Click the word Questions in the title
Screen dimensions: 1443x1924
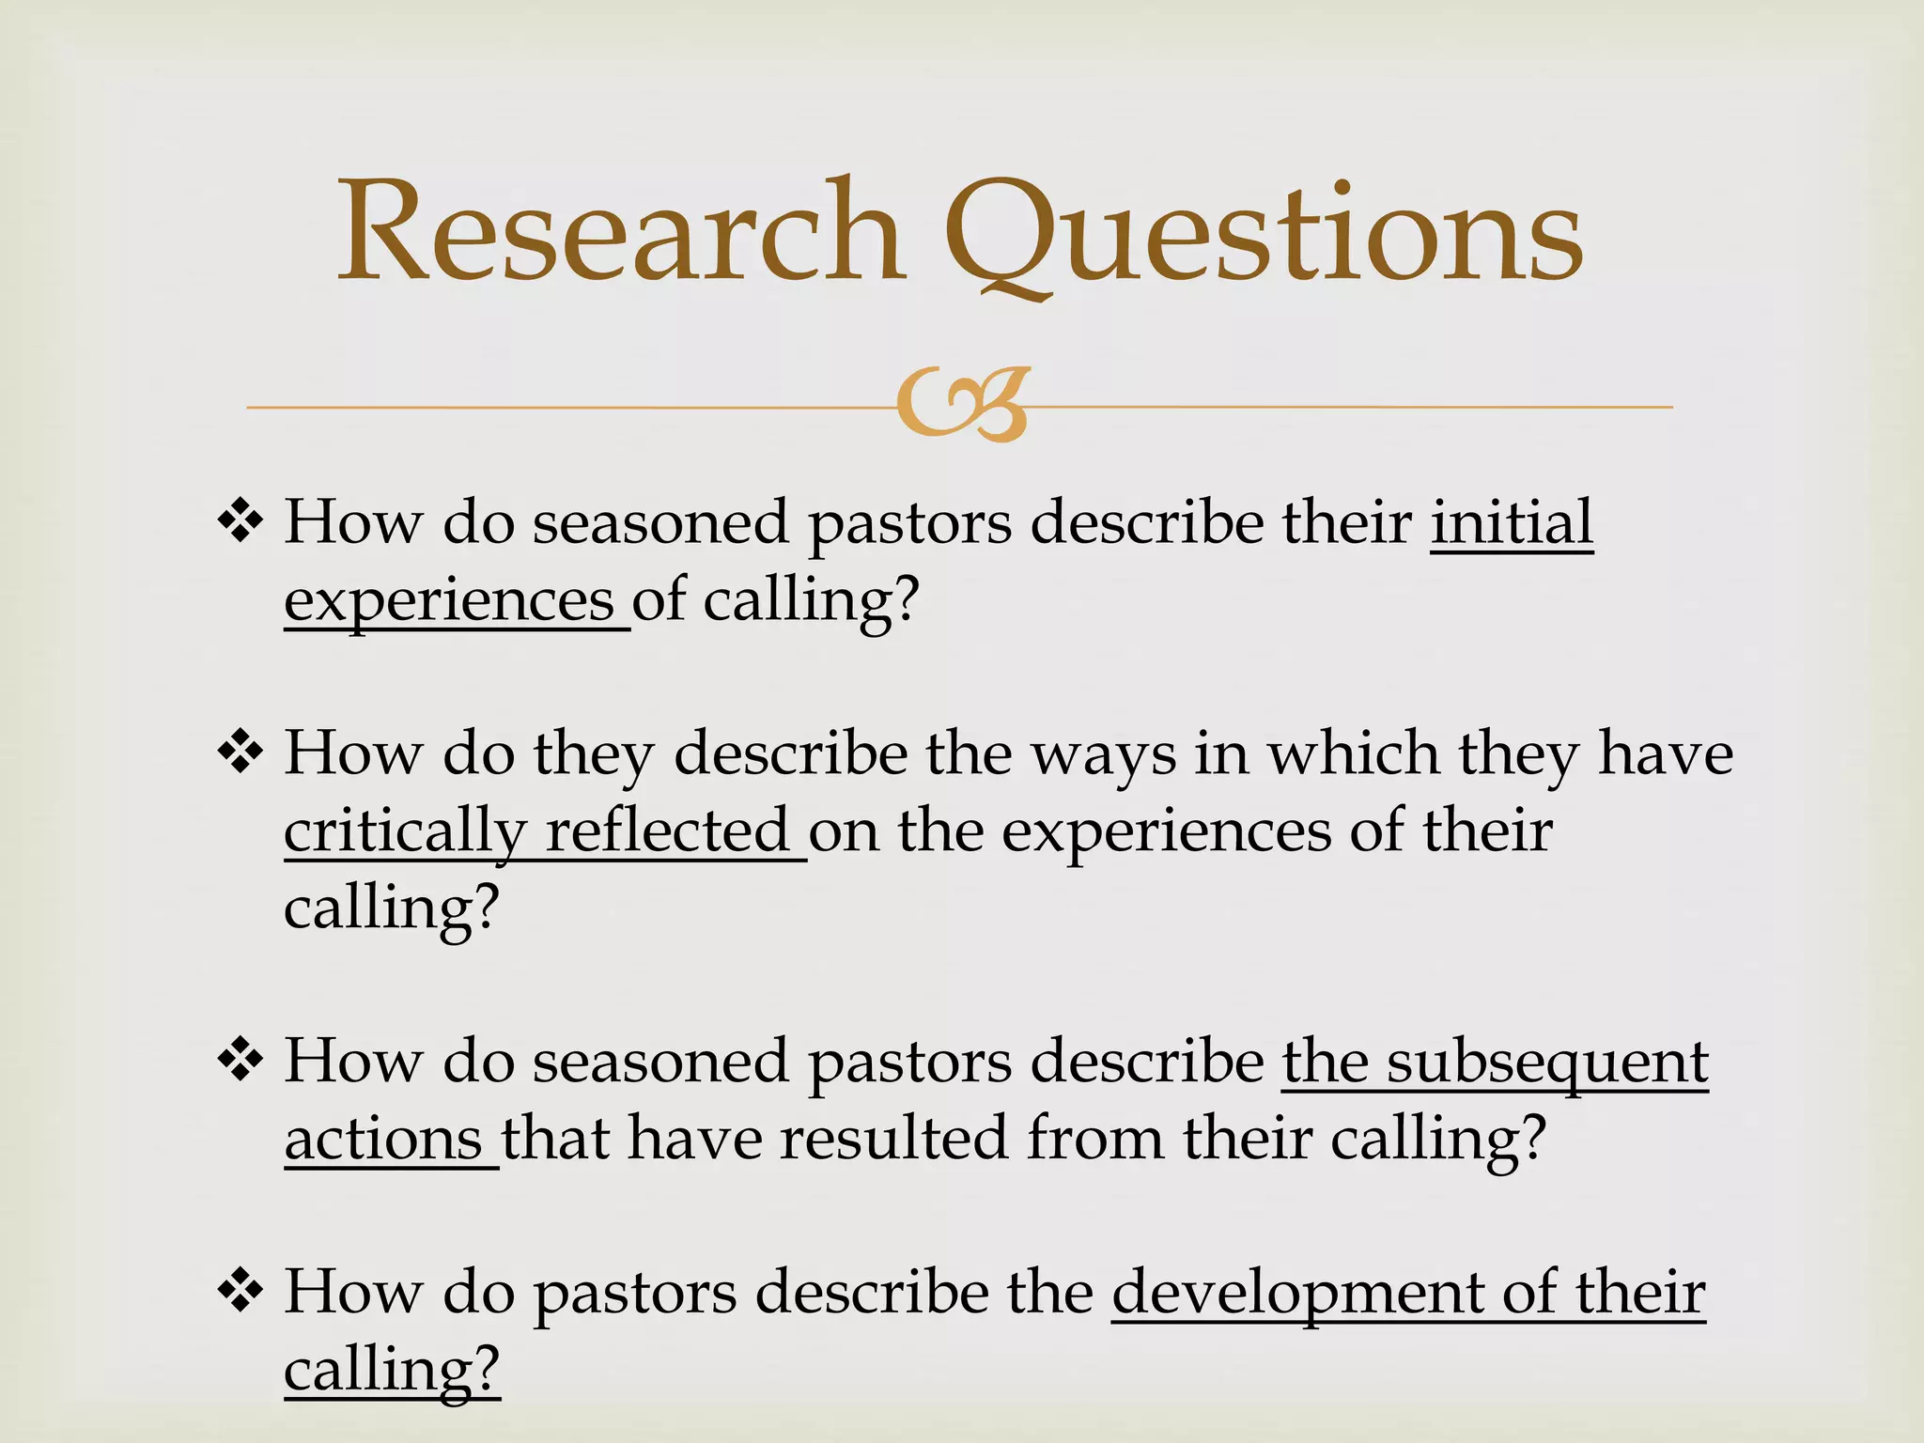pyautogui.click(x=1264, y=235)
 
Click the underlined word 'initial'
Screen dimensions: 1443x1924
pyautogui.click(x=1512, y=521)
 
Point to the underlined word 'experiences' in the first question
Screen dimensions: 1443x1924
pyautogui.click(x=449, y=601)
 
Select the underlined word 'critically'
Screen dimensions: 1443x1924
pyautogui.click(x=405, y=832)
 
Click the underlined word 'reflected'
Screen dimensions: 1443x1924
pyautogui.click(x=668, y=830)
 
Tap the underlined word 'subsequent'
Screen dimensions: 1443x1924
pyautogui.click(x=1547, y=1063)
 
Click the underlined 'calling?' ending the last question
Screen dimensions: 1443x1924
pyautogui.click(x=391, y=1372)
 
